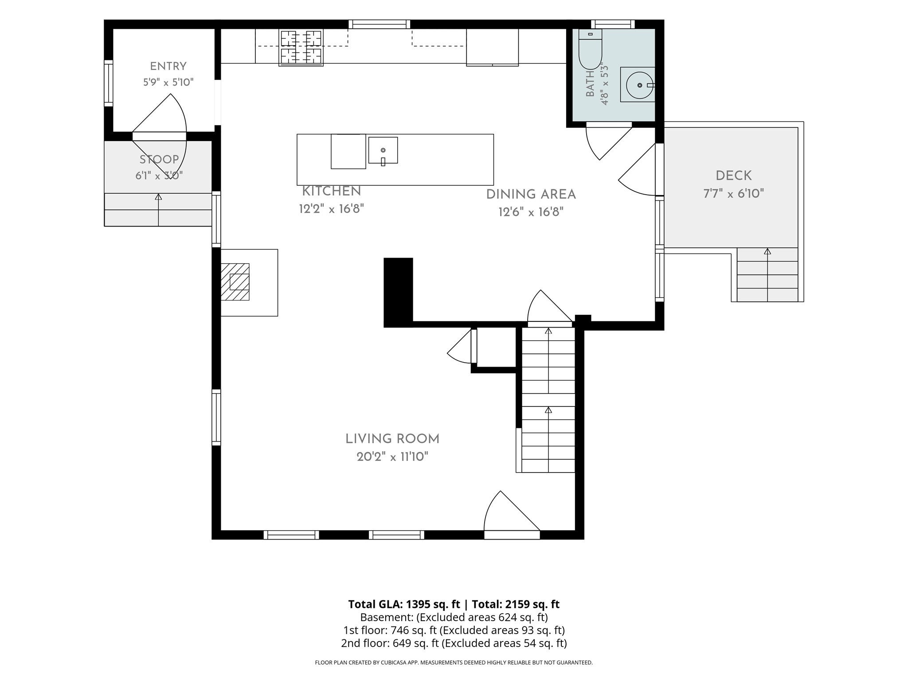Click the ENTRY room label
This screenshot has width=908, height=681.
tap(168, 67)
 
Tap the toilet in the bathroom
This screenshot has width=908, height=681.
tap(590, 49)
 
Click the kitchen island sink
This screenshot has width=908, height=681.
tap(383, 151)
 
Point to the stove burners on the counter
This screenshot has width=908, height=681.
tap(301, 47)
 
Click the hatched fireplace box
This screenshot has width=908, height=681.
tap(235, 282)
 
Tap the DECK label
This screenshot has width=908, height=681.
tap(734, 176)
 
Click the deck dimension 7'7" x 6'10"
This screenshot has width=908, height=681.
tap(734, 194)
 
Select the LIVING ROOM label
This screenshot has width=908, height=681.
tap(392, 439)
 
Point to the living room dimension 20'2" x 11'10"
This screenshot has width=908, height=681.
tap(392, 457)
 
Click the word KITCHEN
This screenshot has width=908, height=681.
tap(332, 192)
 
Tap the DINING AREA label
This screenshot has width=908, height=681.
tap(531, 195)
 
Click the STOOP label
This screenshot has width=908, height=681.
tap(159, 160)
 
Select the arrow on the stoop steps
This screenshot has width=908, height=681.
tap(158, 210)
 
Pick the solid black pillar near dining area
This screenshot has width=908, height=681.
tap(398, 292)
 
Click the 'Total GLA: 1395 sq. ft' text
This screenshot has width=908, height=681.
tap(404, 604)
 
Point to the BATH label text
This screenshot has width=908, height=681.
tap(590, 84)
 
